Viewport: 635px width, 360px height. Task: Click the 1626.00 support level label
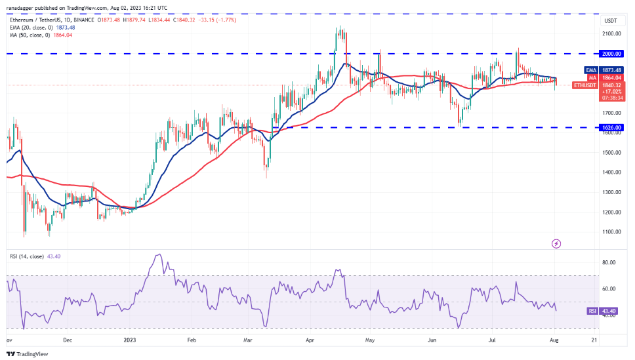pyautogui.click(x=611, y=127)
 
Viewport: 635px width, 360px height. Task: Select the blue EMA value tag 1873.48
pyautogui.click(x=611, y=70)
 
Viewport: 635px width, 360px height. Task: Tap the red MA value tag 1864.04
pyautogui.click(x=611, y=77)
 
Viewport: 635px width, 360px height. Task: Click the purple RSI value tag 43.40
pyautogui.click(x=611, y=311)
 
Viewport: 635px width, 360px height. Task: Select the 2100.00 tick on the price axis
pyautogui.click(x=611, y=33)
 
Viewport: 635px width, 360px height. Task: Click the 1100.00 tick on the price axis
pyautogui.click(x=611, y=232)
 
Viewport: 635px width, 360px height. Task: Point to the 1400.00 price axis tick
pyautogui.click(x=611, y=172)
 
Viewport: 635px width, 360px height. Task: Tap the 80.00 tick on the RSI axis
pyautogui.click(x=609, y=262)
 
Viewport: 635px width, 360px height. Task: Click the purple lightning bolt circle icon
pyautogui.click(x=556, y=244)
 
